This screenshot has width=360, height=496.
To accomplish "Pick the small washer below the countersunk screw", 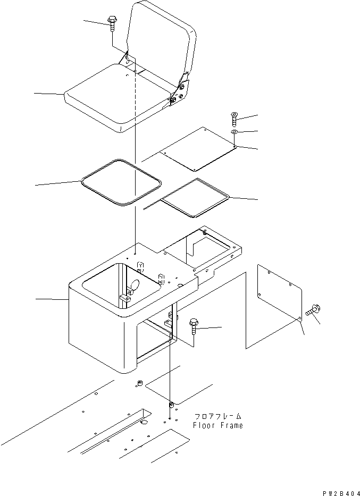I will click(235, 131).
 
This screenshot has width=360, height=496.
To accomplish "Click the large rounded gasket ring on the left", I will click(120, 182).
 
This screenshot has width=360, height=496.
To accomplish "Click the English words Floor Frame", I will click(217, 425).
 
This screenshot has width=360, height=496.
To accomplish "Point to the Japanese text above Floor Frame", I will click(217, 417).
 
